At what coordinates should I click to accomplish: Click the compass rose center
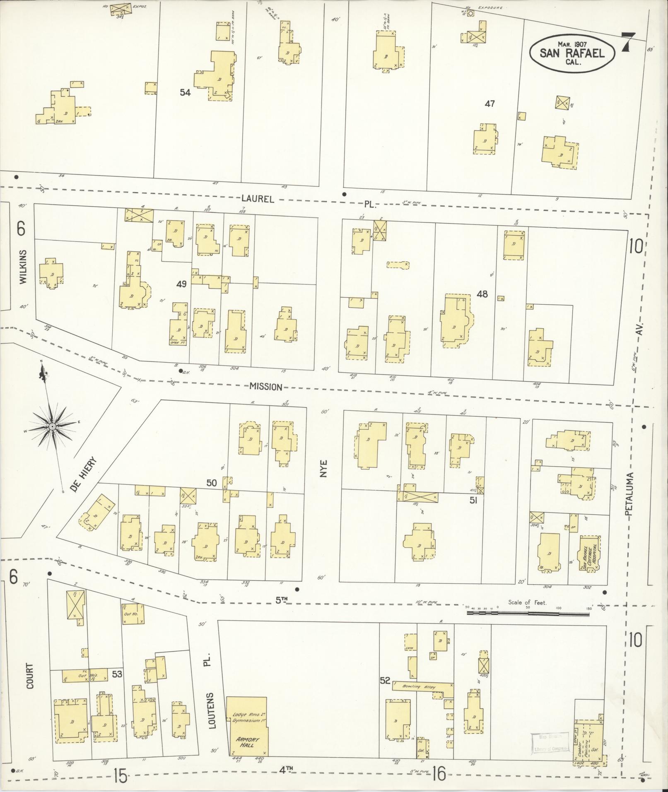[52, 426]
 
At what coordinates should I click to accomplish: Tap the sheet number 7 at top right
[628, 42]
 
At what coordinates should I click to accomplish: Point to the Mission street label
[265, 387]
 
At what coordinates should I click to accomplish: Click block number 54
[185, 93]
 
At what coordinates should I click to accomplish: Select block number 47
[490, 104]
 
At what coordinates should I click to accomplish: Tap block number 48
[482, 294]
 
